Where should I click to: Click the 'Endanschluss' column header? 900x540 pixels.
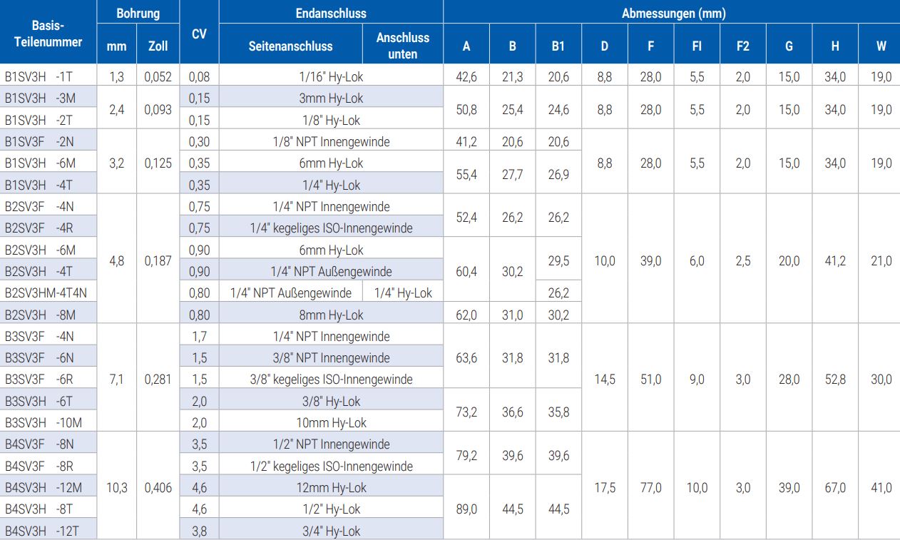(x=330, y=13)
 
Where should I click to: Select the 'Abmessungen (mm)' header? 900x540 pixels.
(x=673, y=13)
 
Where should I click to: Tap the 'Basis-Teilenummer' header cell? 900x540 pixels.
(x=48, y=34)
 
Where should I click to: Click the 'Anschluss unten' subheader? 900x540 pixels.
(x=403, y=46)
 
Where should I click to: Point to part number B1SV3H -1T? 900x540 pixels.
(x=39, y=77)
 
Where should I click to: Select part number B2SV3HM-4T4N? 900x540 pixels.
(x=46, y=292)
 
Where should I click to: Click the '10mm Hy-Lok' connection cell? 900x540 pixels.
(x=331, y=422)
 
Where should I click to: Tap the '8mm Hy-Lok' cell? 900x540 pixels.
(x=331, y=315)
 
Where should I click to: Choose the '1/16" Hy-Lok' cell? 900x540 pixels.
(x=331, y=77)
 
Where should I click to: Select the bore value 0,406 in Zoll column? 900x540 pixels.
(x=158, y=488)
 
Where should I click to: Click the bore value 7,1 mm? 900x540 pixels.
(x=116, y=379)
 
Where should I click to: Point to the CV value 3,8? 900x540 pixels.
(x=199, y=531)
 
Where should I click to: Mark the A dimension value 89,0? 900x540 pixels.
(x=466, y=509)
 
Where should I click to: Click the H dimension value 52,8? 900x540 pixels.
(x=834, y=379)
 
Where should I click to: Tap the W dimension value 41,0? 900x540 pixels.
(x=881, y=488)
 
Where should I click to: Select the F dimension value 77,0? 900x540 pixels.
(x=650, y=488)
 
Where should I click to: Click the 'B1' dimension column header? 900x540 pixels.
(x=558, y=46)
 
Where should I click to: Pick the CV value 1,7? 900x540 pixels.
(x=199, y=336)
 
